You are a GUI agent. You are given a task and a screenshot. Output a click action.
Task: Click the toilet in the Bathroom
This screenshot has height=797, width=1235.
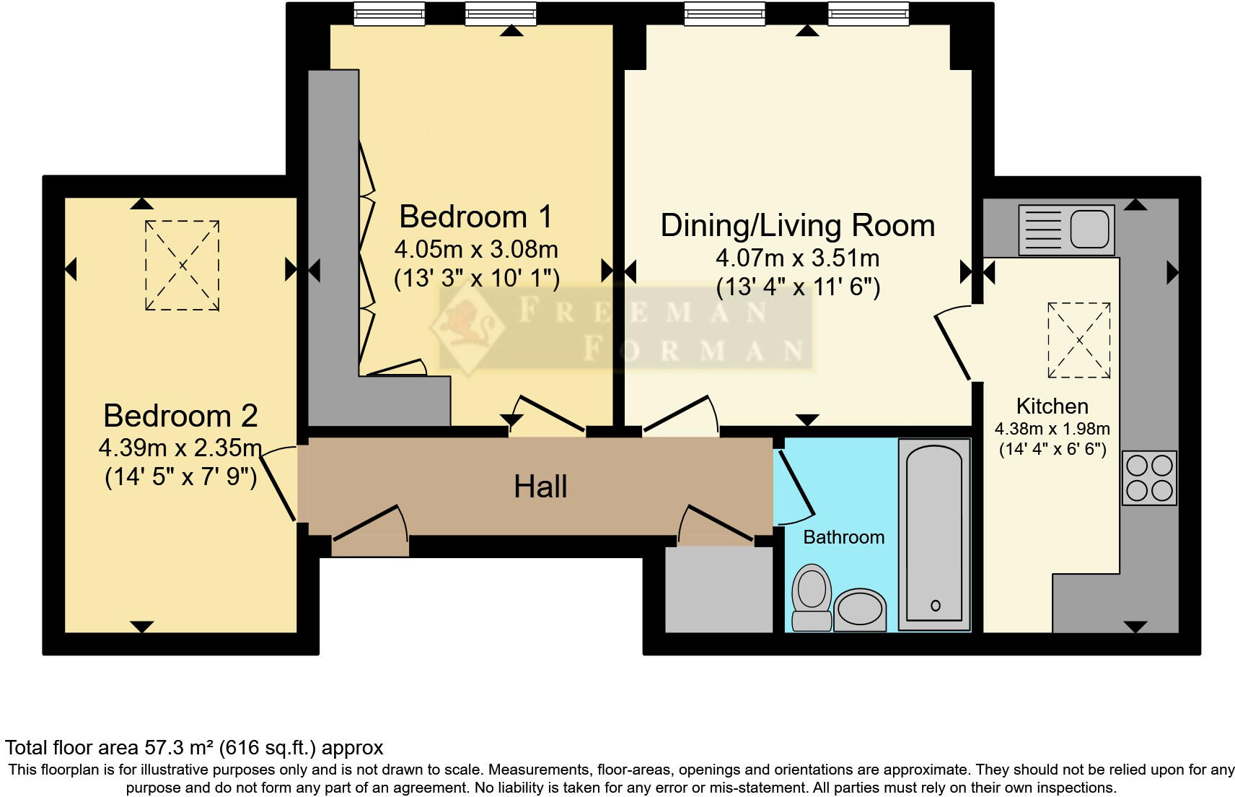pos(812,597)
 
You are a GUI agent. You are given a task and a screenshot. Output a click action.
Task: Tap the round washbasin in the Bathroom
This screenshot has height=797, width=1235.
pos(860,610)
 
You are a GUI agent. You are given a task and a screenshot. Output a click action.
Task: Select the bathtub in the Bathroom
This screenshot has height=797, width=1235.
pos(934,534)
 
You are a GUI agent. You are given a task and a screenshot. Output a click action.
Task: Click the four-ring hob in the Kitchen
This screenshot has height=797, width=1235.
pos(1150,478)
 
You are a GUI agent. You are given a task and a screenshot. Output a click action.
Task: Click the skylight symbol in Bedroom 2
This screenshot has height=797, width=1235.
pos(183,266)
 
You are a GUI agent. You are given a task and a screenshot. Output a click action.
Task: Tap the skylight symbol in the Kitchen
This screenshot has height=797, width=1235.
pos(1079,340)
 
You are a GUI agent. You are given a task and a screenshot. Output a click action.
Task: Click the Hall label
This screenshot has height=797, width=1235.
pos(540,487)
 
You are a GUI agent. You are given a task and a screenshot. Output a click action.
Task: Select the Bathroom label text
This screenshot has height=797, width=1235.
pos(843,537)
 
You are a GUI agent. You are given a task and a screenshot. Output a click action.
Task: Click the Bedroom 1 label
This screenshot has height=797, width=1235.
pos(476,217)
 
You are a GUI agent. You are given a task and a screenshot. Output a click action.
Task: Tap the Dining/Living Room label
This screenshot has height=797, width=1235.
pos(798,225)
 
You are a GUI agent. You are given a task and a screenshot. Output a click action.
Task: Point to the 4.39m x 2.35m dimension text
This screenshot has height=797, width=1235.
pos(180,448)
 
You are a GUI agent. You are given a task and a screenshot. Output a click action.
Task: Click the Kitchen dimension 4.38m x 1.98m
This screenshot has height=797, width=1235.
pos(1052,429)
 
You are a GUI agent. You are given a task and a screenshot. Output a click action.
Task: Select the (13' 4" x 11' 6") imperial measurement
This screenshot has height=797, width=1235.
pos(798,287)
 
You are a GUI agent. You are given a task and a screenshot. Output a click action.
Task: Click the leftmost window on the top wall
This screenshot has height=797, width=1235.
pos(390,14)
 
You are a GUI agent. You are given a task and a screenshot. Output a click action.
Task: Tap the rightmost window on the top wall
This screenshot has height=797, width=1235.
pos(869,14)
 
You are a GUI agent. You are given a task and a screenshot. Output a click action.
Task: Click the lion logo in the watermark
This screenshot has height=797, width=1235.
pos(467,327)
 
